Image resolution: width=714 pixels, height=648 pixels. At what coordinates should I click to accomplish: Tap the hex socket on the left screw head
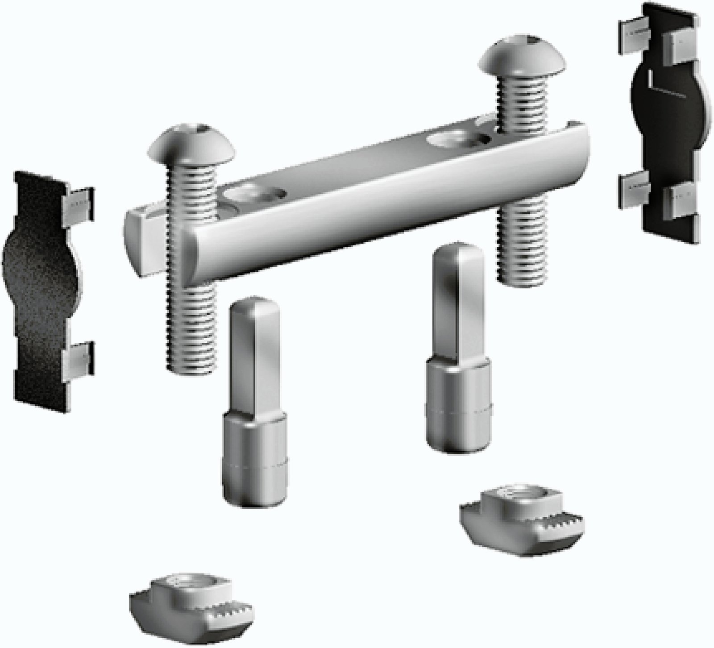tap(202, 133)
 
